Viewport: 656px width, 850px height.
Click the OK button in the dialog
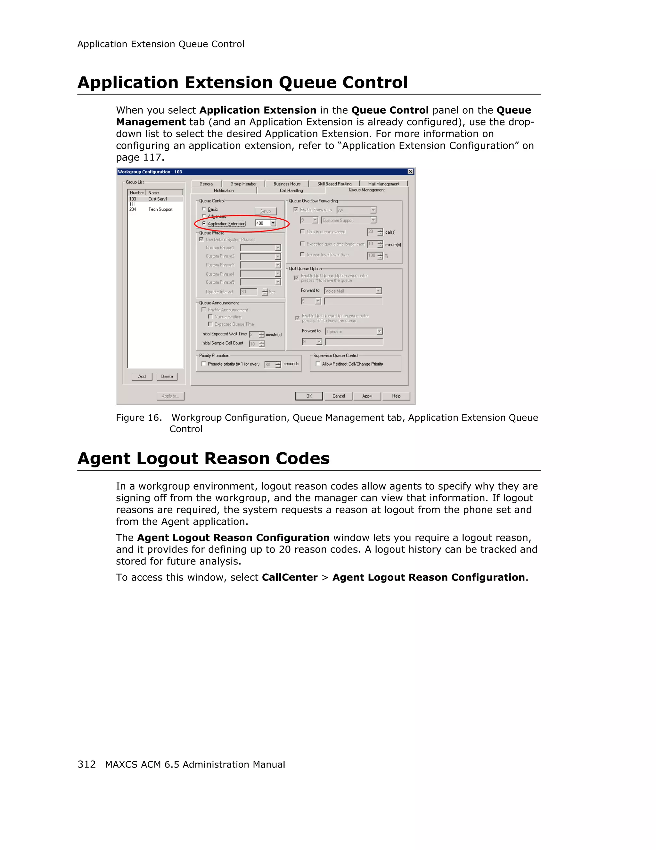click(309, 396)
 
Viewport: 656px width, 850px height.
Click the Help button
click(396, 396)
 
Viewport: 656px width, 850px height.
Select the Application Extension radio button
click(204, 223)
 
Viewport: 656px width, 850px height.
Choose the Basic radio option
click(204, 209)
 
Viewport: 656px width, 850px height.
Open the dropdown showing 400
click(273, 223)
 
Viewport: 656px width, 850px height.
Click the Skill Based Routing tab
click(334, 184)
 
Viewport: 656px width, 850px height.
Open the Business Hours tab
click(287, 184)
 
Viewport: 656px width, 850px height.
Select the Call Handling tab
click(291, 190)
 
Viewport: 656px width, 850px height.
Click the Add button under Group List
click(142, 376)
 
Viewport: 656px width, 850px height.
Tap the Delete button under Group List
click(167, 376)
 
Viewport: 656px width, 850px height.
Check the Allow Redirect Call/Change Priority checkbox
click(318, 364)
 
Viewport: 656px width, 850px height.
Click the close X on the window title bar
click(410, 172)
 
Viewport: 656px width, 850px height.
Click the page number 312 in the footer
click(86, 764)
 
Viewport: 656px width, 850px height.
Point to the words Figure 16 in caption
click(138, 417)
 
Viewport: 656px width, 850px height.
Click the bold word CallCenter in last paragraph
click(289, 577)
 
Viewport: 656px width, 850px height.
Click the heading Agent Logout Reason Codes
click(203, 458)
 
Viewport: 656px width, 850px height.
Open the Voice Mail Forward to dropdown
click(378, 291)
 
